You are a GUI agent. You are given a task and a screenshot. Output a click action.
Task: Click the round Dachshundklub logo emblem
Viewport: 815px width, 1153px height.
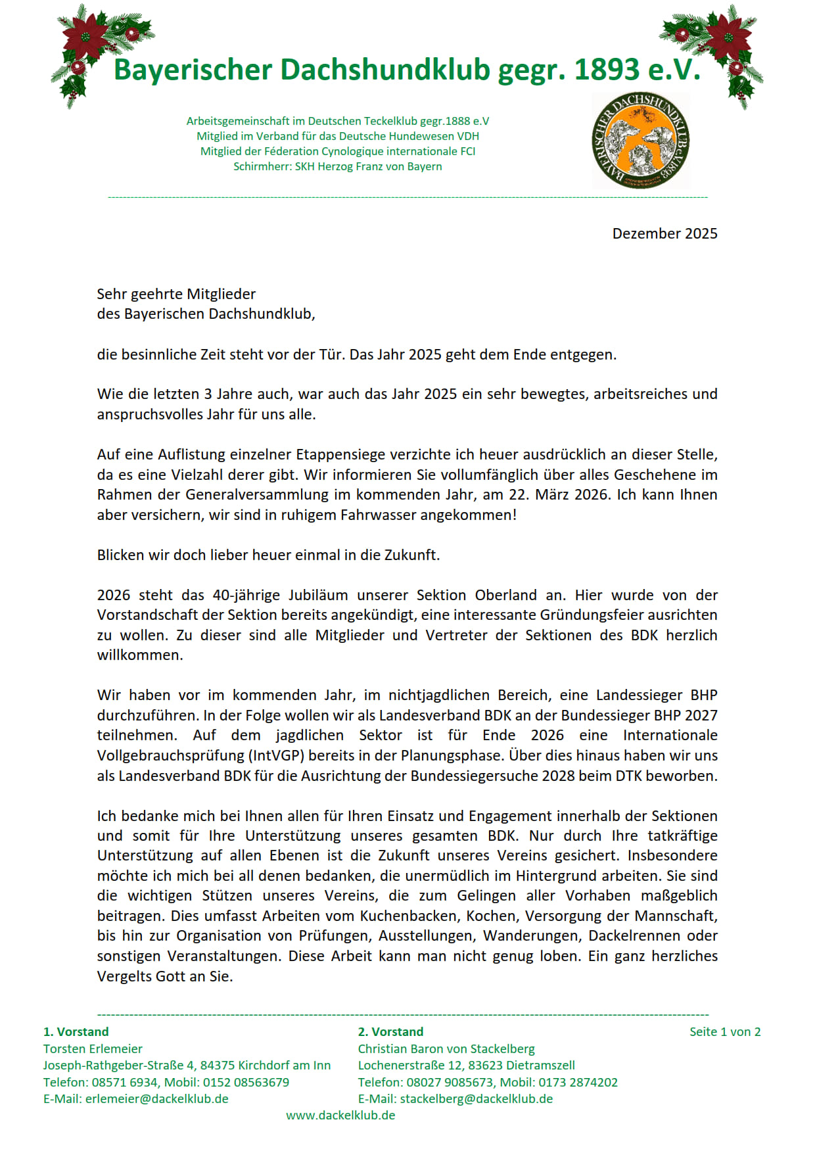point(640,140)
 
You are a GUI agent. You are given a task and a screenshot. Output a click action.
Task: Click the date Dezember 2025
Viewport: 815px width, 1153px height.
point(664,234)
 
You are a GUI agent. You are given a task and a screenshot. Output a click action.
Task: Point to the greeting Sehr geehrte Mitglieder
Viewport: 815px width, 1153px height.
point(176,294)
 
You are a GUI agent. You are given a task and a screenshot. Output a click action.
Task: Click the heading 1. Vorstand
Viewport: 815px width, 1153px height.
point(76,1032)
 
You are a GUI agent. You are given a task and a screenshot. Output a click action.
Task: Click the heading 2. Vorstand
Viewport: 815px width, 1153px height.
point(390,1032)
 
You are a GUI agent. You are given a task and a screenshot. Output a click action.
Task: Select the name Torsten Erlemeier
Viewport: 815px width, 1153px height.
point(93,1049)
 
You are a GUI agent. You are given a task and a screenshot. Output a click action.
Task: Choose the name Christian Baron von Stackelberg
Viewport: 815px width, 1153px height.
point(446,1049)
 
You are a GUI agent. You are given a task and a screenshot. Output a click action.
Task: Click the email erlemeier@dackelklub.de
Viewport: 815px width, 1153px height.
point(156,1099)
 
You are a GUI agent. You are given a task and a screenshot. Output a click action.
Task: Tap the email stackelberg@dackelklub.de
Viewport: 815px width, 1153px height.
point(476,1099)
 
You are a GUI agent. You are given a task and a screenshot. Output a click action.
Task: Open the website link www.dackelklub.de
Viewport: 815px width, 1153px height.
point(340,1116)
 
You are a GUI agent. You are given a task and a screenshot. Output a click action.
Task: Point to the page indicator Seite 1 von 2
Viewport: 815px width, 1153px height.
point(725,1032)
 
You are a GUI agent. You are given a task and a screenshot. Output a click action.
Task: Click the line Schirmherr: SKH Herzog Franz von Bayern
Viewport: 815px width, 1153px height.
point(337,166)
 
